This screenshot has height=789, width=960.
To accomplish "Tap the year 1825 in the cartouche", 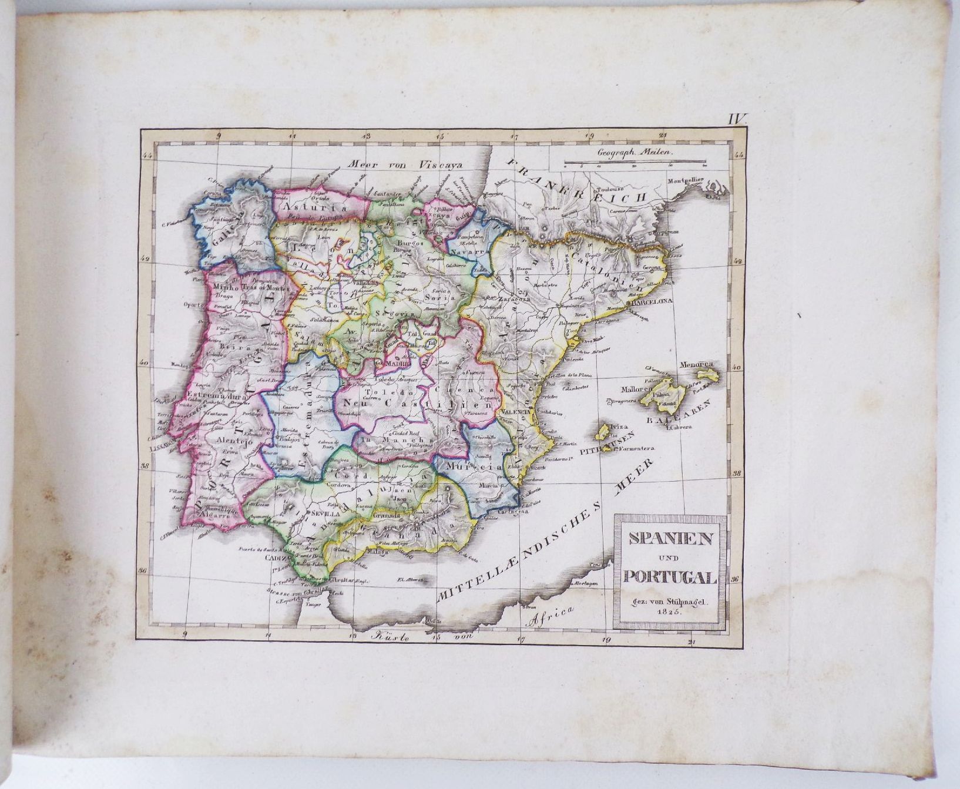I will (669, 612).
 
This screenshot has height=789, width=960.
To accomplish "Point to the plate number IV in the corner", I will (737, 120).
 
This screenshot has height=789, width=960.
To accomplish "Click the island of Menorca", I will (706, 374).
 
